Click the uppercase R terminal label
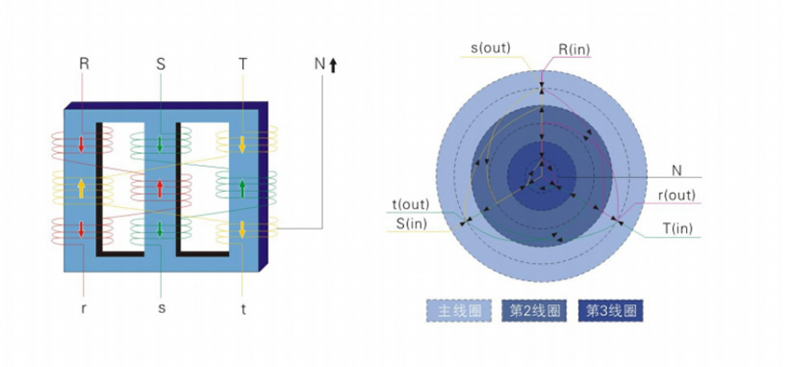(x=84, y=64)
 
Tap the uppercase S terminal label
(x=161, y=64)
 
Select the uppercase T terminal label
(x=242, y=64)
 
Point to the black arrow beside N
(x=333, y=65)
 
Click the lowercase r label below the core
(x=84, y=308)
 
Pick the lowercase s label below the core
(x=162, y=308)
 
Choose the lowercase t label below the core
(x=243, y=309)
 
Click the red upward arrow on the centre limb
(x=160, y=188)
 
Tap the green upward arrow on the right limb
(x=242, y=188)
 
